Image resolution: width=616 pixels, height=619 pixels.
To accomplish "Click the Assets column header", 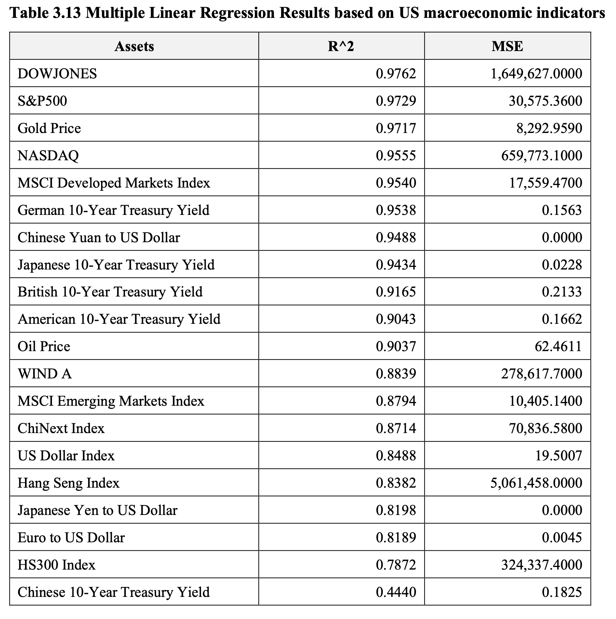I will pos(134,46).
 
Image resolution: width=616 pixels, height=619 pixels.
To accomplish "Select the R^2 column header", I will pos(341,46).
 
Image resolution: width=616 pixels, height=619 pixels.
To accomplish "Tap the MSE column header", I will pos(507,46).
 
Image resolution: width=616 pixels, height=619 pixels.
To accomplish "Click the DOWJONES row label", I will pos(57,74).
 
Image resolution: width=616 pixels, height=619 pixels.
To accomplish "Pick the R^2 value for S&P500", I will pos(396,101).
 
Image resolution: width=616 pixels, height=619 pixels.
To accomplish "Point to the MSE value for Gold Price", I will pos(549,128).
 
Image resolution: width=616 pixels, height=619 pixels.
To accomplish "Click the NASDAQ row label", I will pos(48,156).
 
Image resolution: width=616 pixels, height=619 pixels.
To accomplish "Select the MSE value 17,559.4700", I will pos(545,183).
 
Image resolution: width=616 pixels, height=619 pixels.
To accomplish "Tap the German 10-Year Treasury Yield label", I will pos(113,210).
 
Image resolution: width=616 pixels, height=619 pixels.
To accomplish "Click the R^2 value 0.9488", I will pos(396,238).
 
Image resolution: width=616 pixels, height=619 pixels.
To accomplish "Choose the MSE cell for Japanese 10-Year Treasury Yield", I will pos(562,265).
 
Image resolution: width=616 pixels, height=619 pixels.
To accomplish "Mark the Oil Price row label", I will pos(44,347).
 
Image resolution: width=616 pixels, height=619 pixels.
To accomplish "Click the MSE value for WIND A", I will pos(542,374).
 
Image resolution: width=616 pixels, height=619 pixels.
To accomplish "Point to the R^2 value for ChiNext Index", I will pos(396,428).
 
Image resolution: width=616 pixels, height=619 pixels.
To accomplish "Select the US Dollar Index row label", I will pos(66,456).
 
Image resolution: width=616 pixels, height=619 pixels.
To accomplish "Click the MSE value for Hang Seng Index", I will pos(536,483).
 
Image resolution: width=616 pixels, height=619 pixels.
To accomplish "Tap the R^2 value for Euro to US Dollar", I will pos(396,538).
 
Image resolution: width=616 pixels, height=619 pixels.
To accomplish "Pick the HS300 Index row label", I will pos(57,565).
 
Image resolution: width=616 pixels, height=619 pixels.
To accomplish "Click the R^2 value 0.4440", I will pos(396,592).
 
